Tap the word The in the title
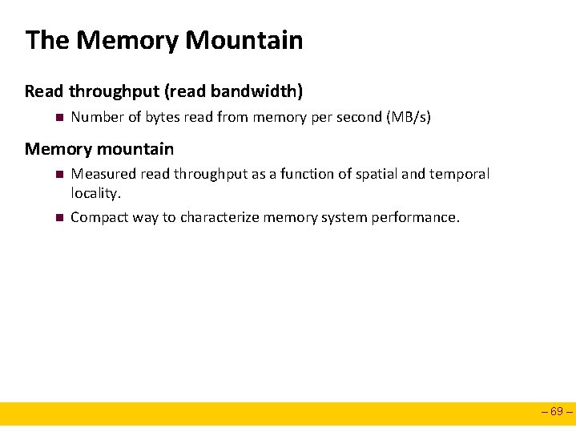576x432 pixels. (47, 40)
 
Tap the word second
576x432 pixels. (357, 117)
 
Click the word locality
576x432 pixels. (95, 193)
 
